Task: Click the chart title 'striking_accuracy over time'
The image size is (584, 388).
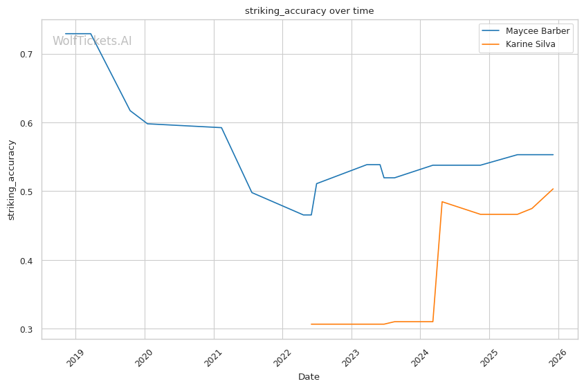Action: click(309, 11)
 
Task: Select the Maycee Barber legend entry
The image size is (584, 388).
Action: click(525, 31)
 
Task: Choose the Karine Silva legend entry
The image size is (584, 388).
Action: click(518, 44)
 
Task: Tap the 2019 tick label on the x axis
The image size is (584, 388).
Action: click(75, 358)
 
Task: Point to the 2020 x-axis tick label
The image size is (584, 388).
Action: click(145, 358)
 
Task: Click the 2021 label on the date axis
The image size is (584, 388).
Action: click(213, 358)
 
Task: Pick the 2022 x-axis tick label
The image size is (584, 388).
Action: click(282, 358)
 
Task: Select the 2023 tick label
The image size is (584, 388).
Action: click(352, 358)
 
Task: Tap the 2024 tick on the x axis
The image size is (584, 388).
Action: click(420, 358)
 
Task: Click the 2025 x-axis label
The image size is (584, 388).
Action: click(489, 358)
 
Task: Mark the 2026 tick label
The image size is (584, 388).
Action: click(558, 358)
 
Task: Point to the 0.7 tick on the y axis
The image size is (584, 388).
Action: click(26, 55)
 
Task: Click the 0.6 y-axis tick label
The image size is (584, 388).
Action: click(26, 123)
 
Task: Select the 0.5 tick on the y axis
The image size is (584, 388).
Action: click(26, 192)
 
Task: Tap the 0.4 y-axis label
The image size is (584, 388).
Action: click(26, 261)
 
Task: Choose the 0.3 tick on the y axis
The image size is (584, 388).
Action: click(26, 329)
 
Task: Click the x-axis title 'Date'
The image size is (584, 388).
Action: click(309, 377)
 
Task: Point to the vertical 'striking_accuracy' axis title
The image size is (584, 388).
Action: click(11, 180)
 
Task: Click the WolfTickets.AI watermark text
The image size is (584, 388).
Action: click(92, 41)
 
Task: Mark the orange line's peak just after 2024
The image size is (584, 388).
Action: click(442, 202)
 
